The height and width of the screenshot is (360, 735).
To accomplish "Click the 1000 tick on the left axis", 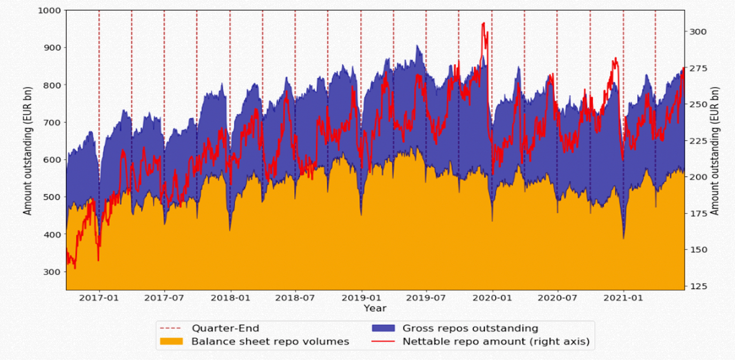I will click(50, 10).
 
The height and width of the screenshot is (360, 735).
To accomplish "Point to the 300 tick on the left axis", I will click(53, 272).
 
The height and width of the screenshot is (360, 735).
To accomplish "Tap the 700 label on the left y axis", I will click(53, 122).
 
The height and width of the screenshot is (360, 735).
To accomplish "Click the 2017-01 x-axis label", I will click(99, 298).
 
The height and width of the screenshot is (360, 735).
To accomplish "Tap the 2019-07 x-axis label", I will click(426, 298).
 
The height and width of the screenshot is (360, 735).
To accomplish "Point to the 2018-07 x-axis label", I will click(295, 298).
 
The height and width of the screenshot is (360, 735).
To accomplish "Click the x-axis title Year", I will click(374, 308).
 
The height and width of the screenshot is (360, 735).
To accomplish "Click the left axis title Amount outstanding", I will click(28, 150).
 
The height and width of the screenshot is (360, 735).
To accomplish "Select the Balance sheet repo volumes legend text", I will click(270, 342).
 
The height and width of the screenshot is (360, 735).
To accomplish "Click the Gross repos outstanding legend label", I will click(470, 328).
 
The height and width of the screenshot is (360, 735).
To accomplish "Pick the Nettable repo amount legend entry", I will click(496, 342).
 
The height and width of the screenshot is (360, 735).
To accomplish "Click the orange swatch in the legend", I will click(170, 342).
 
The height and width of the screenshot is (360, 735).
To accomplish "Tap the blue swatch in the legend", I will click(381, 328).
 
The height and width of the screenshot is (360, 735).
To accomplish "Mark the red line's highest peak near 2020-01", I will click(483, 23).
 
